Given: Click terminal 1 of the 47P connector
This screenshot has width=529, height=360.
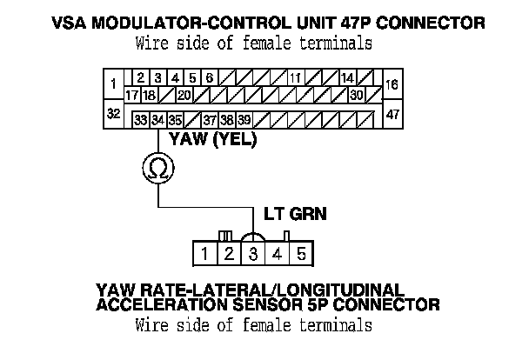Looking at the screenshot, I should (x=113, y=84).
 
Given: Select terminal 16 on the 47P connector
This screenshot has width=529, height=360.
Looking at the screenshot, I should (x=391, y=84).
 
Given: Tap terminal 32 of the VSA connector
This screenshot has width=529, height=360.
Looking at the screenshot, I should (x=113, y=113).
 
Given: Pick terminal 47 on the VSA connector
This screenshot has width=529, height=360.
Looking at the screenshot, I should (x=392, y=113).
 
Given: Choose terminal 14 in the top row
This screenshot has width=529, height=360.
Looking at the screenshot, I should (x=346, y=78).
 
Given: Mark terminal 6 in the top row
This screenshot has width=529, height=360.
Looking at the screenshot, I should (x=209, y=78).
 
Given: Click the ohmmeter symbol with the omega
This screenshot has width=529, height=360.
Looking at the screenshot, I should (x=157, y=168).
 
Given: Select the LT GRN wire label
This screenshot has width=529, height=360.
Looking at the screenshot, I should (x=294, y=213).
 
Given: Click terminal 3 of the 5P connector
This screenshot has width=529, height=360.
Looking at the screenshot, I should (x=252, y=254).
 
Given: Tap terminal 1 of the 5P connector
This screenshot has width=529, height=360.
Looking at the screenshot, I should (x=204, y=254).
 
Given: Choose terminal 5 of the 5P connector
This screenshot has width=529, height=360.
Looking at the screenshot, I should (x=300, y=254).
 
